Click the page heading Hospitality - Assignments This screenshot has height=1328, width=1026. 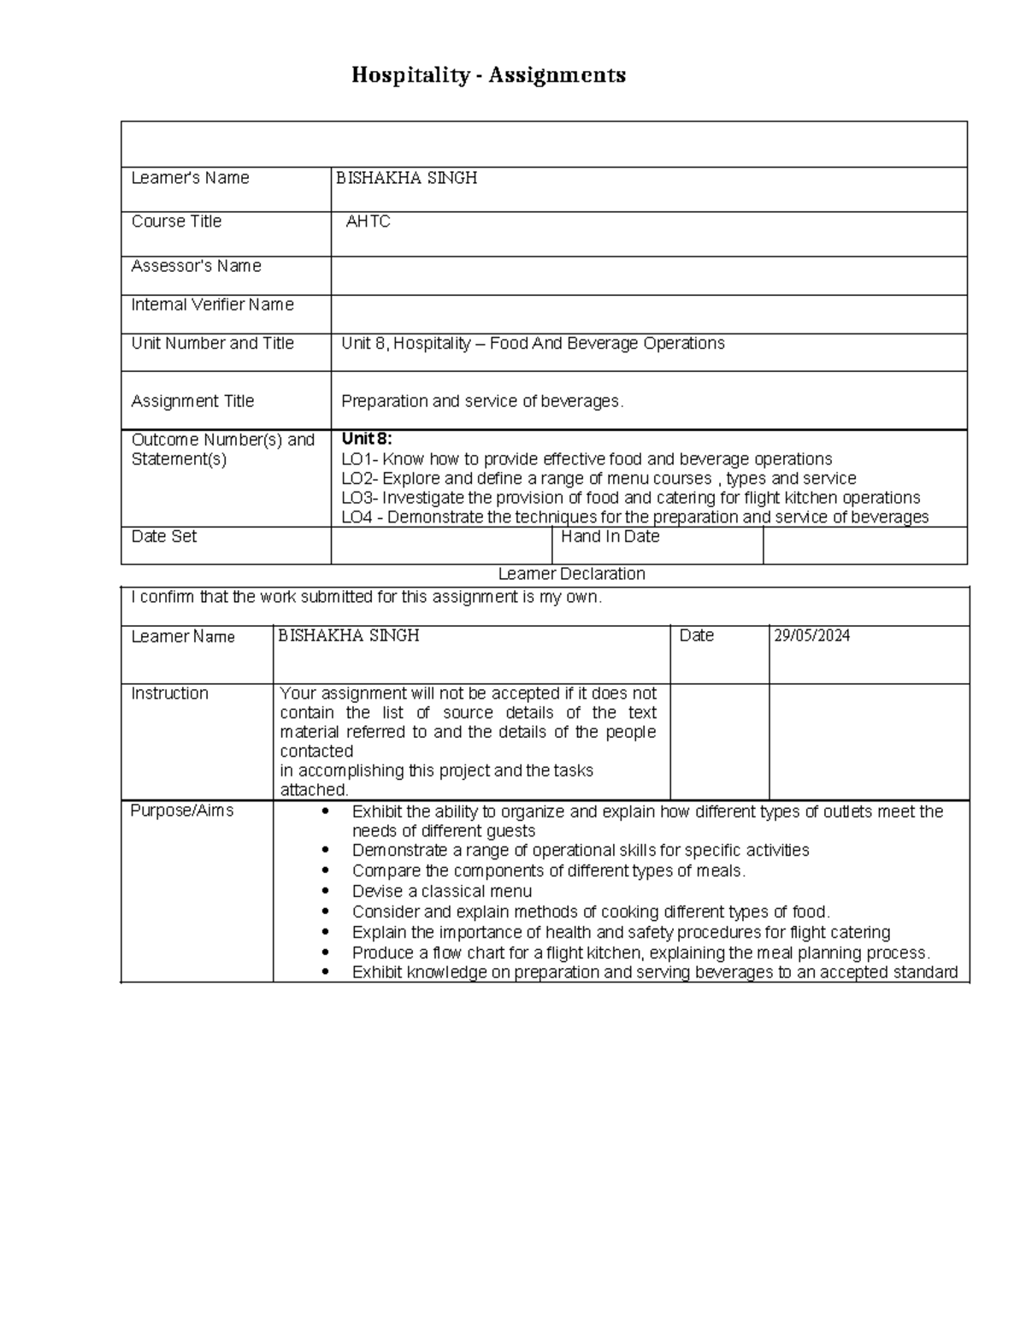coord(488,75)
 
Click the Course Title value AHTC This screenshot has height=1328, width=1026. coord(368,221)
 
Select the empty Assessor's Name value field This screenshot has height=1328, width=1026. coord(648,276)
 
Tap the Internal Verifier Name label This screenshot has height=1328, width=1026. coord(212,304)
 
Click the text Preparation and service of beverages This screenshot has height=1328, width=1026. coord(482,401)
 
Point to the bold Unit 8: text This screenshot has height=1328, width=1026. coord(366,439)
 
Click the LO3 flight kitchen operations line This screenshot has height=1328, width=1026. coord(630,498)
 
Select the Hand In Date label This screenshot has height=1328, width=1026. coord(610,536)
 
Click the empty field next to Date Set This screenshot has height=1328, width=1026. coord(441,546)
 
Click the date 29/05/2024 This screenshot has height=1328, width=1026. coord(811,635)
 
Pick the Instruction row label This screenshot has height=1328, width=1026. coord(169,694)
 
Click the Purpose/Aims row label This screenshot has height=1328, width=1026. coord(181,811)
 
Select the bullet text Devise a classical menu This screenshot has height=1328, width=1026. coord(441,891)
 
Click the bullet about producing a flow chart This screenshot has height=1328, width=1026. coord(640,953)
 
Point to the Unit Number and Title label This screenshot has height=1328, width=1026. coord(212,343)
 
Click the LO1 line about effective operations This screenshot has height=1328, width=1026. coord(587,459)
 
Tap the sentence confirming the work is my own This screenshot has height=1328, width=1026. coord(366,597)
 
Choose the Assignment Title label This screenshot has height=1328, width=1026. coord(192,401)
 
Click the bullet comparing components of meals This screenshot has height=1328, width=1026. coord(548,871)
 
